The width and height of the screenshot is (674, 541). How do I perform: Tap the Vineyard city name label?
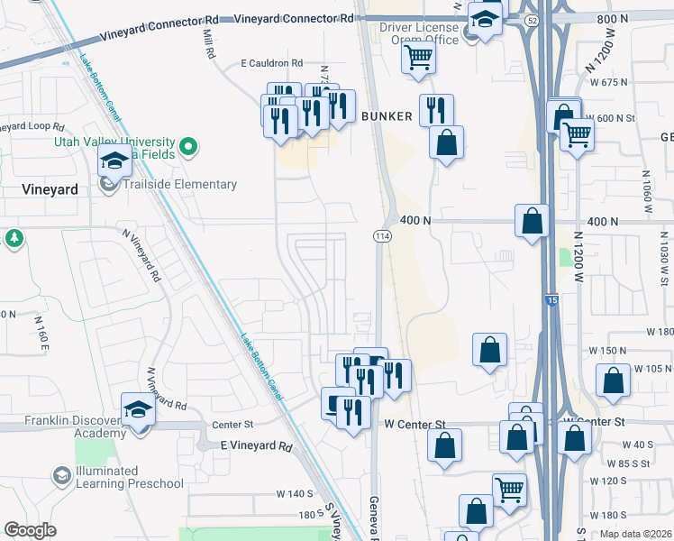48,190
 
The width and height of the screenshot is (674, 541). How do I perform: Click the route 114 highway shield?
380,235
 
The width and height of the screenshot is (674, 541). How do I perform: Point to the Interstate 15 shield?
551,298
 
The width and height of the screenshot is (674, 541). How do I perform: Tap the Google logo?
31,530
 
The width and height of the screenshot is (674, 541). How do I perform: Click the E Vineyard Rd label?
257,446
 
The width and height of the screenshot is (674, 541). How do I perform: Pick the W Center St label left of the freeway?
415,423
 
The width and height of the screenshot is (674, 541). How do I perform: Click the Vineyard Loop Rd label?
33,127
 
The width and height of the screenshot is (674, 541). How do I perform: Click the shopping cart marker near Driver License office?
418,58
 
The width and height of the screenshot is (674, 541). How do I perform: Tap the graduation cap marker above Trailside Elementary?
114,160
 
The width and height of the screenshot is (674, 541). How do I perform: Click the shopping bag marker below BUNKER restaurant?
446,142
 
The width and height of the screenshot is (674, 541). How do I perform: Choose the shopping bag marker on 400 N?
533,220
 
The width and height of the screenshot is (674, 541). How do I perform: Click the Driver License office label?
419,33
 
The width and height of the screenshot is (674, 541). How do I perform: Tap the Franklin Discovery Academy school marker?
138,410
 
